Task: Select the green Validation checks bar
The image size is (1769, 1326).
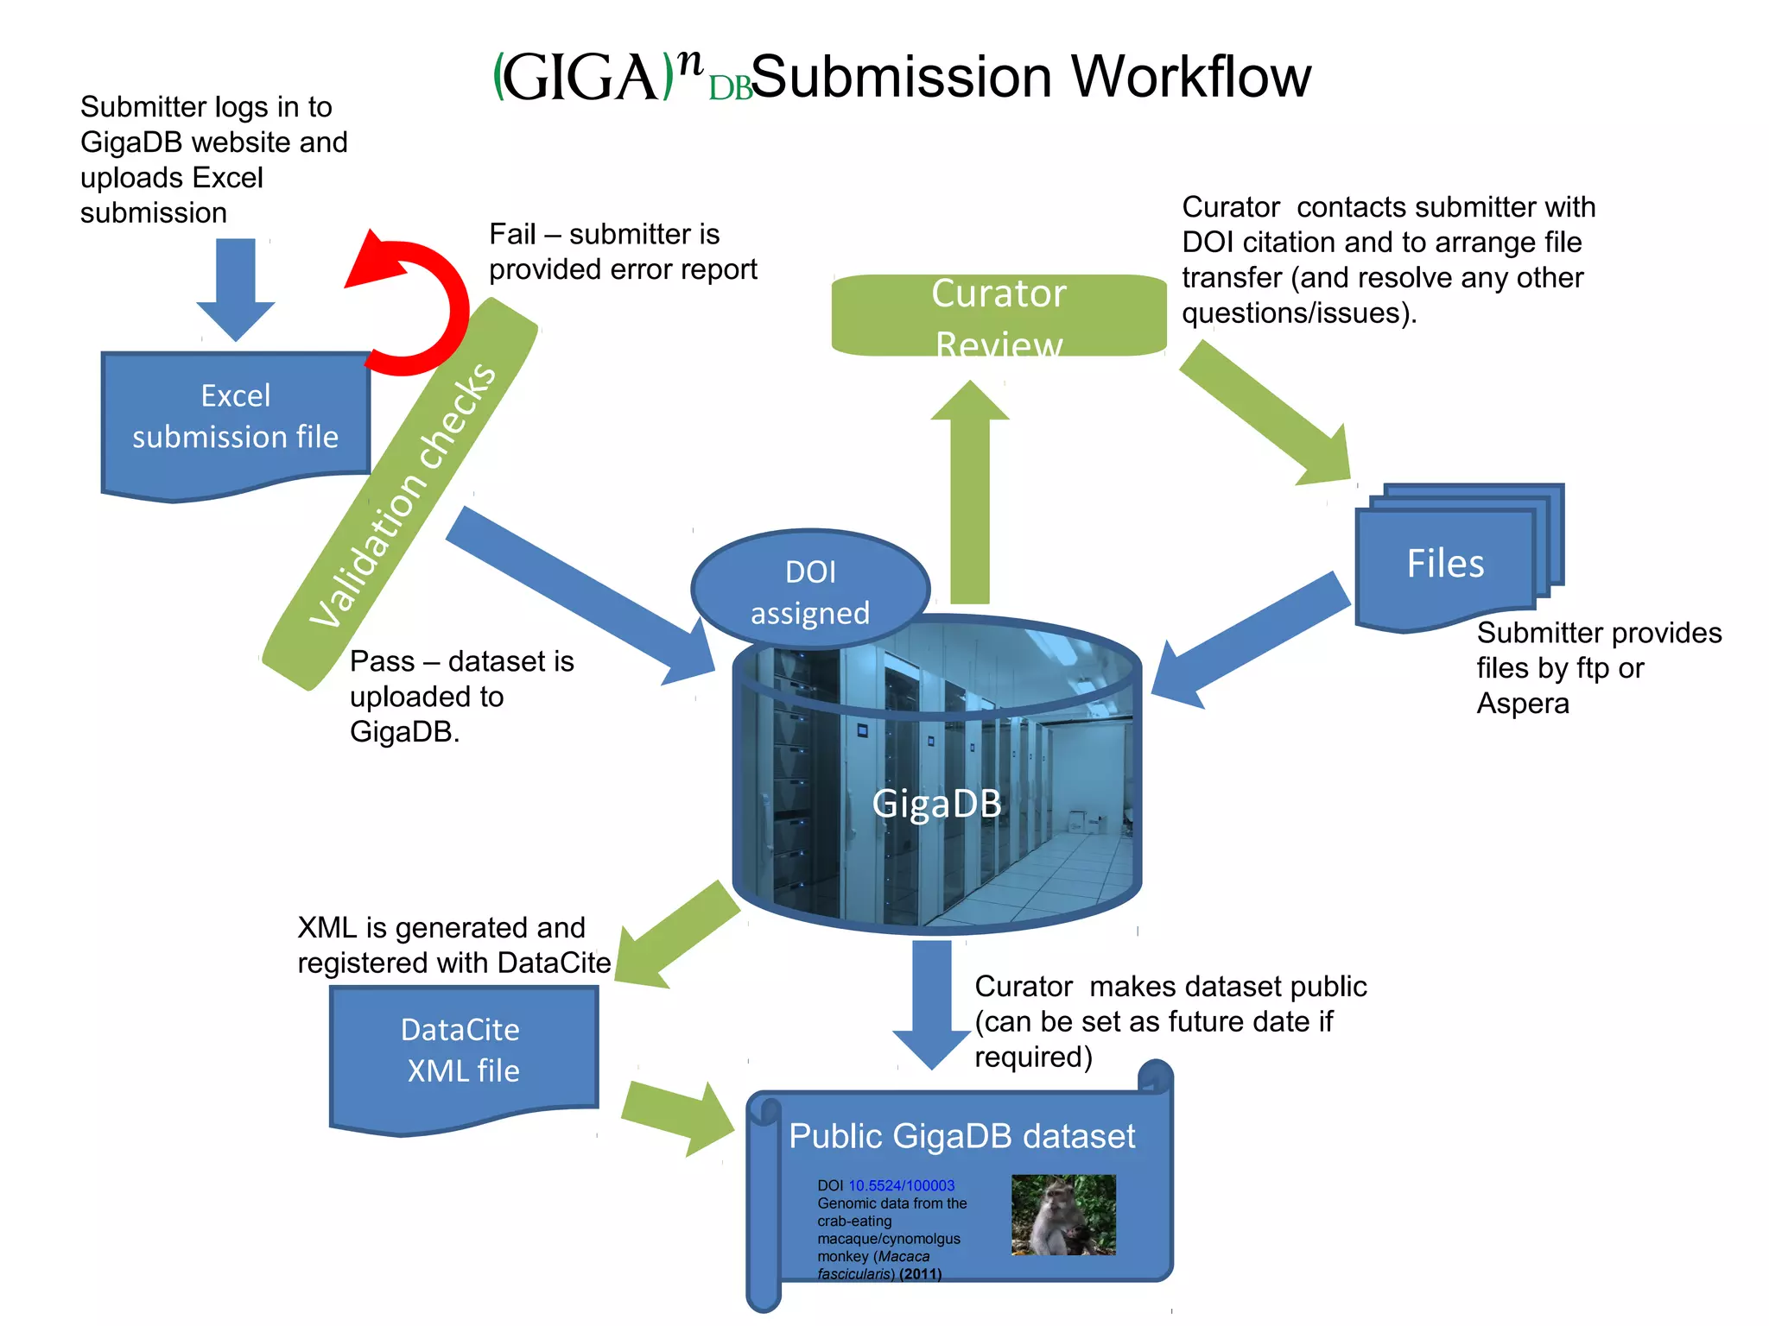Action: (402, 496)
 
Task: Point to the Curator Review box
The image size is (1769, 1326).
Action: (999, 315)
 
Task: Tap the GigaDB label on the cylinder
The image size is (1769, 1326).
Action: (936, 803)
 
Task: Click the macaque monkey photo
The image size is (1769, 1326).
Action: (1063, 1214)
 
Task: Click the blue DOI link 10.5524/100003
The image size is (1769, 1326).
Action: (901, 1185)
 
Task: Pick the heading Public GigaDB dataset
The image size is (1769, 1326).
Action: (961, 1136)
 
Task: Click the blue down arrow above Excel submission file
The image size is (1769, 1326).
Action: (236, 289)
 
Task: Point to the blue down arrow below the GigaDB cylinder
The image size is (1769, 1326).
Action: (932, 1001)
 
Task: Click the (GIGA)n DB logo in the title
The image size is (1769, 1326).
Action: (622, 78)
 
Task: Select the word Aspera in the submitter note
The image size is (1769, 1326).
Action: (1522, 704)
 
